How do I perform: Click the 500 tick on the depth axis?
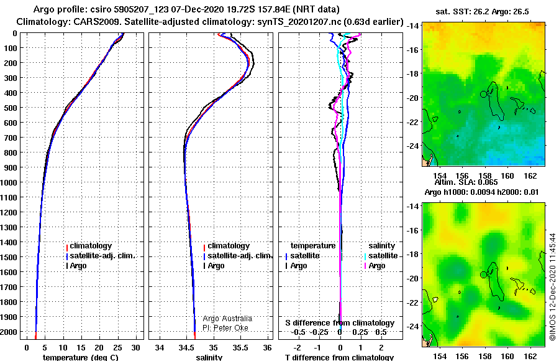pyautogui.click(x=10, y=108)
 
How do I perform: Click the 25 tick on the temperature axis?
pyautogui.click(x=117, y=348)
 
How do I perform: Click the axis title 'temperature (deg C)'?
pyautogui.click(x=81, y=357)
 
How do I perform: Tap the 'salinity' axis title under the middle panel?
pyautogui.click(x=209, y=357)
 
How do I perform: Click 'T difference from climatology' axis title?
pyautogui.click(x=339, y=357)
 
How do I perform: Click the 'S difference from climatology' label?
pyautogui.click(x=340, y=323)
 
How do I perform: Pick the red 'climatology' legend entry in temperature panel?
pyautogui.click(x=89, y=246)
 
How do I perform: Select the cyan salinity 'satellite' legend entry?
pyautogui.click(x=381, y=256)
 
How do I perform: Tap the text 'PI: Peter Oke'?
pyautogui.click(x=225, y=328)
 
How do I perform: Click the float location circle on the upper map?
pyautogui.click(x=483, y=94)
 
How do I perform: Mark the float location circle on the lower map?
pyautogui.click(x=483, y=274)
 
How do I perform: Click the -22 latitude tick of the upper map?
pyautogui.click(x=413, y=122)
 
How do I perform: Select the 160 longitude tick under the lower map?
pyautogui.click(x=507, y=356)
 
